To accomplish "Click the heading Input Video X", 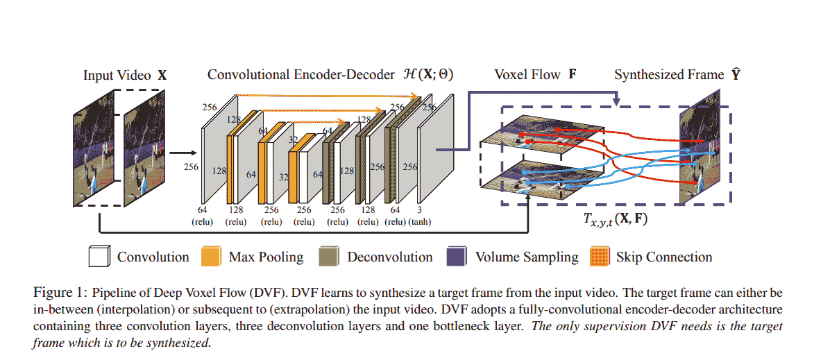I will (125, 75).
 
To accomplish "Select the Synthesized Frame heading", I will (677, 74).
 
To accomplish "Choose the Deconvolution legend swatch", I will (330, 257).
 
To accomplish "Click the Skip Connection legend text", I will (664, 257).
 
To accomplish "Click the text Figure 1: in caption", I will (58, 290).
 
